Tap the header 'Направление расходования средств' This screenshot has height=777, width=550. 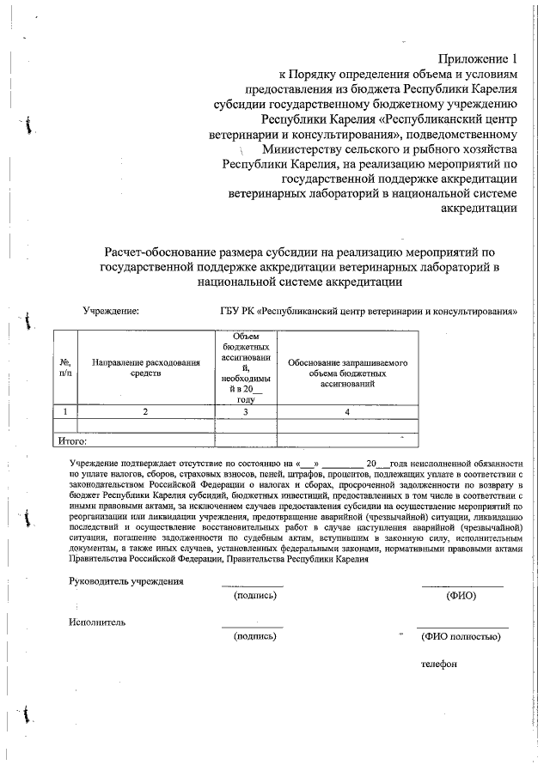(x=146, y=368)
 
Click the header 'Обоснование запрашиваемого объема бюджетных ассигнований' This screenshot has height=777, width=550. (x=347, y=368)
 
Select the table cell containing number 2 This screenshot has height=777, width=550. (x=146, y=412)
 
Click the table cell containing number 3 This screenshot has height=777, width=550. (x=246, y=412)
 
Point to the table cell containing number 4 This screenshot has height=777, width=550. (x=347, y=412)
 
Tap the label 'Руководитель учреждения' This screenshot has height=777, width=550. (x=126, y=581)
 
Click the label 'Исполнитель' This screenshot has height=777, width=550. (x=97, y=622)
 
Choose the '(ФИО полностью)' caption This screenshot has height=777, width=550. (x=461, y=636)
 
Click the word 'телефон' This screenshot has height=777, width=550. (x=439, y=663)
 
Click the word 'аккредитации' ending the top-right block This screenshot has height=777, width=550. (x=478, y=208)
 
